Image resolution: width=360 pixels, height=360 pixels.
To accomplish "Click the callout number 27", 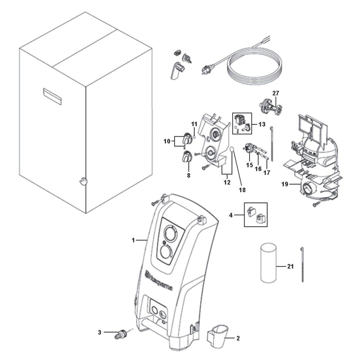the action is (275, 93).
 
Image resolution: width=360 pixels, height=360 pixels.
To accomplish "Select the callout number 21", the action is (291, 267).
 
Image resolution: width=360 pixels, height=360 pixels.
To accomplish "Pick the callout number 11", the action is (194, 124).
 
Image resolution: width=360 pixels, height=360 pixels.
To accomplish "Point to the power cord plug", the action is (208, 67).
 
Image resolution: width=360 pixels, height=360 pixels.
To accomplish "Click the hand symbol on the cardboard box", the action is (84, 180).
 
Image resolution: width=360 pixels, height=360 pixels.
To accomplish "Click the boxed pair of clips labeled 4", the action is (256, 215).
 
